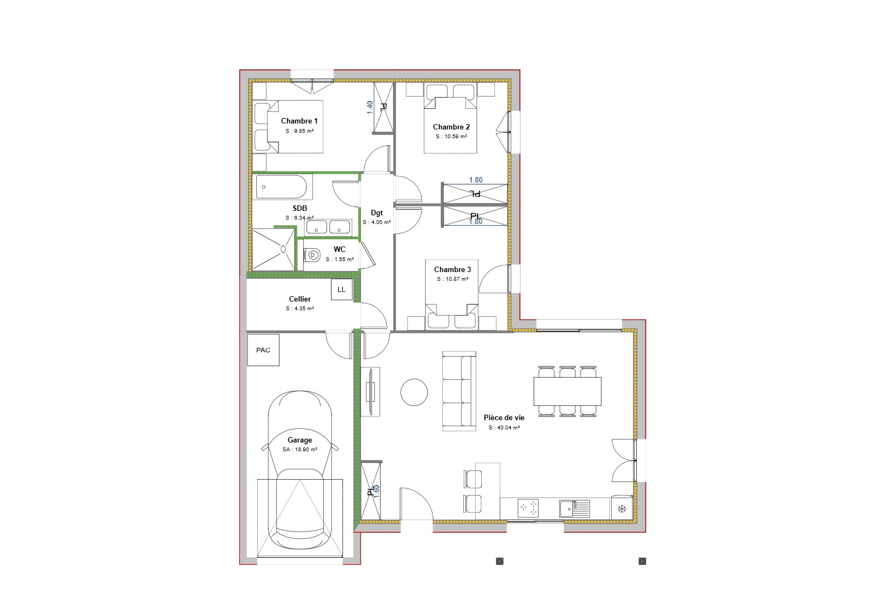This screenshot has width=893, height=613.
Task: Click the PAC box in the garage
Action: point(263,350)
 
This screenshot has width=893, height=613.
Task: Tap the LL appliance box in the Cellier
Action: point(341,290)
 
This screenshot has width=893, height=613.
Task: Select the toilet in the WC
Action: point(312,255)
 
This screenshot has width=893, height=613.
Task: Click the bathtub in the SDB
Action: point(281,187)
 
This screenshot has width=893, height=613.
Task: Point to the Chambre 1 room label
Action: point(299,121)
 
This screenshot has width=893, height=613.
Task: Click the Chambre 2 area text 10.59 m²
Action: point(451,137)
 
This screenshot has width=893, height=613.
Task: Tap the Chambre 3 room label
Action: point(452,269)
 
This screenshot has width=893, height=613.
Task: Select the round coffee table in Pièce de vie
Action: point(414,392)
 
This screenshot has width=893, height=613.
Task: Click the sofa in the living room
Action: point(459,391)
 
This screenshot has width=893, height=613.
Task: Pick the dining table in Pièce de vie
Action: point(567,391)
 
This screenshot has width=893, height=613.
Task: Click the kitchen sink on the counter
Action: point(574,509)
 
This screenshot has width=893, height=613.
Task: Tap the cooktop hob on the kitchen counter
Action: point(528,508)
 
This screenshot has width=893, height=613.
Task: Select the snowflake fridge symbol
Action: point(622,509)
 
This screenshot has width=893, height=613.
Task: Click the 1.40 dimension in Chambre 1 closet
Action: point(370,107)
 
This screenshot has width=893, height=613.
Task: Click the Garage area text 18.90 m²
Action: point(300,450)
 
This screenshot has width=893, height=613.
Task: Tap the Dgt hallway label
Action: point(377,213)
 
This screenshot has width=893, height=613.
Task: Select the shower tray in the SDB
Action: point(273,249)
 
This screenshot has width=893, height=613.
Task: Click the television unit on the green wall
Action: point(371,392)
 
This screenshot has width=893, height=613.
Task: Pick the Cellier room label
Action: point(300,299)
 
